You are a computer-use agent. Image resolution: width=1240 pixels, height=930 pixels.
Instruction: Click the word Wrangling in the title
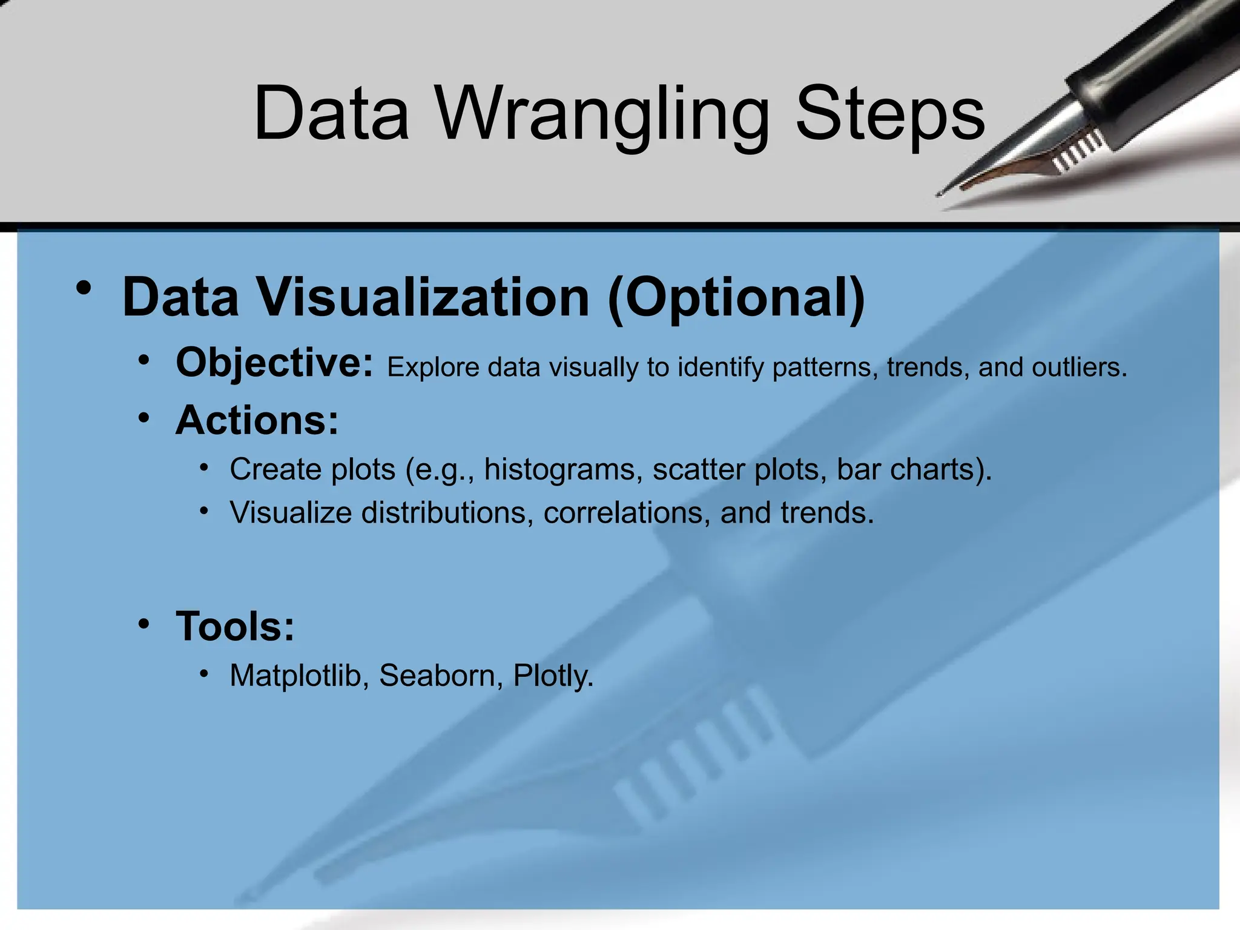(x=602, y=115)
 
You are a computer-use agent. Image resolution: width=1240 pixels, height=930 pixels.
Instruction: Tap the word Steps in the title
(x=890, y=115)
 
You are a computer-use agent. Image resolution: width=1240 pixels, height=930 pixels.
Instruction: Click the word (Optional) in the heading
(x=736, y=297)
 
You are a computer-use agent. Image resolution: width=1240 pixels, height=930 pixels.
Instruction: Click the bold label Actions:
(x=257, y=420)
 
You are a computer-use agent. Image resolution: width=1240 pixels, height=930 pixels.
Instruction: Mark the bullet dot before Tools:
(x=143, y=624)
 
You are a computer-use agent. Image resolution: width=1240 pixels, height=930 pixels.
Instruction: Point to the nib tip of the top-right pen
(x=940, y=194)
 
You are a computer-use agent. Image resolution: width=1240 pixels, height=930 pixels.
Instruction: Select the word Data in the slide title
(x=332, y=115)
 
